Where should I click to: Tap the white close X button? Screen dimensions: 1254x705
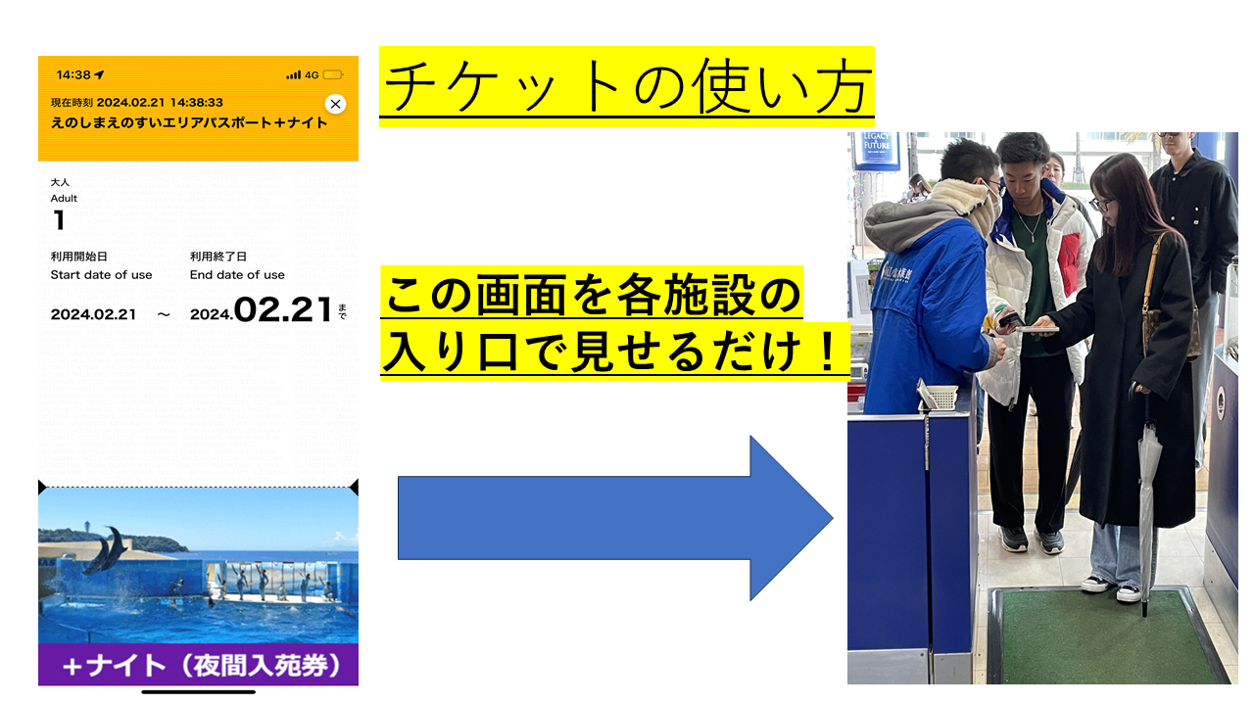click(x=335, y=104)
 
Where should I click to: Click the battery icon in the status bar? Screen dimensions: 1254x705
click(x=333, y=75)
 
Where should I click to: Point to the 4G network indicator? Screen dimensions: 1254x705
click(x=312, y=75)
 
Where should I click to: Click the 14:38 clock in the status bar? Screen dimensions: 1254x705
click(x=73, y=75)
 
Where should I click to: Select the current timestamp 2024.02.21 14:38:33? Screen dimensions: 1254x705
click(x=160, y=103)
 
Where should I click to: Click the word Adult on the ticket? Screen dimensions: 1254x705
click(x=64, y=198)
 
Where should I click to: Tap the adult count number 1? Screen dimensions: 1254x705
click(x=59, y=220)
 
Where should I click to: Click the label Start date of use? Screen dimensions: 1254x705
click(x=101, y=275)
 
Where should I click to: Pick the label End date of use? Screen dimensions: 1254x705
click(x=237, y=275)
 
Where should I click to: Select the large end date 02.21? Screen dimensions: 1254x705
click(x=283, y=310)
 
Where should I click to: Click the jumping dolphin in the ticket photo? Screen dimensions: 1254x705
click(x=107, y=549)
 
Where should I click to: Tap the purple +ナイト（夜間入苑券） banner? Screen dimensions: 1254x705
click(x=198, y=665)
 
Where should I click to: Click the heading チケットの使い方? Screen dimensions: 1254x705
click(x=627, y=86)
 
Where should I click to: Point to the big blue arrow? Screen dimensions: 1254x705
click(x=616, y=518)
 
